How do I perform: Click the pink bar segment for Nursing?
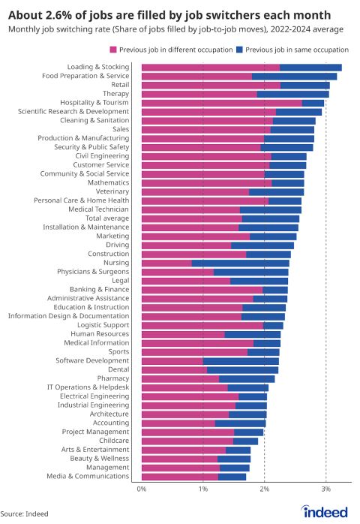[x=166, y=263]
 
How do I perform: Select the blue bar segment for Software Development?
[x=241, y=361]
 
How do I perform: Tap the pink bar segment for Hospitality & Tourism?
[x=222, y=103]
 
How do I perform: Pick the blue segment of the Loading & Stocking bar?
[x=310, y=68]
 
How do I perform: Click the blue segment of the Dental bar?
[x=242, y=370]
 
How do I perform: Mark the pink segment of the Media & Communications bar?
[x=180, y=477]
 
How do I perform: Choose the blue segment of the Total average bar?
[x=271, y=218]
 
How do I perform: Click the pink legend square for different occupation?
[x=113, y=50]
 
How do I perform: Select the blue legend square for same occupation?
[x=239, y=50]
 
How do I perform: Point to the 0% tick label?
[x=142, y=489]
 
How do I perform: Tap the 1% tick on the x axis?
[x=203, y=489]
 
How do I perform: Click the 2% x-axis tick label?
[x=265, y=489]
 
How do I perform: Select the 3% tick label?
[x=326, y=489]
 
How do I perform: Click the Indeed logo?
[x=325, y=511]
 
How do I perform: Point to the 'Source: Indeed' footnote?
[x=25, y=514]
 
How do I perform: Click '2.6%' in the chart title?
[x=58, y=15]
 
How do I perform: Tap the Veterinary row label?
[x=112, y=191]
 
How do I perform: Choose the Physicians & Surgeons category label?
[x=93, y=272]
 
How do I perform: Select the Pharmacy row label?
[x=113, y=378]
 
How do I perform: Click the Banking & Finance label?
[x=99, y=290]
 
